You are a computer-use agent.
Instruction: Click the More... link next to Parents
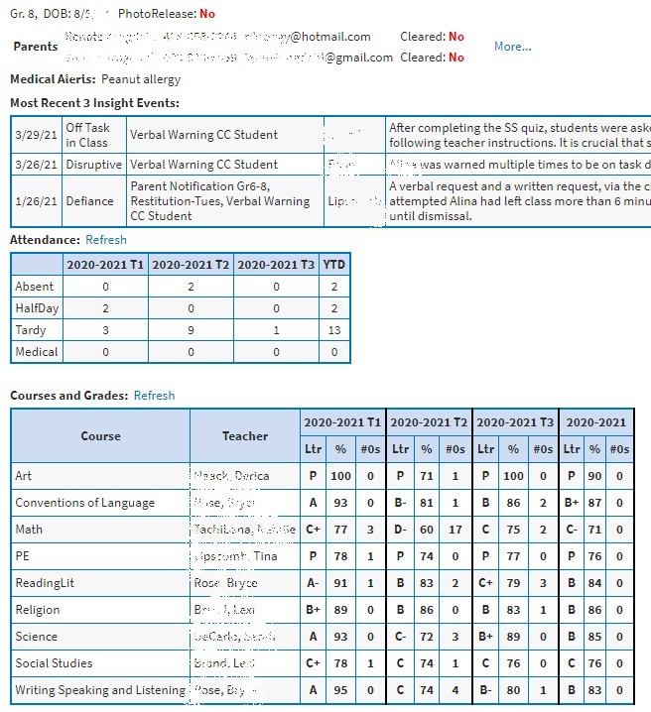512,47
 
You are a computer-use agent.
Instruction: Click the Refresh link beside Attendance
106,240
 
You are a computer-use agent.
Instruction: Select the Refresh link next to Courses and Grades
154,396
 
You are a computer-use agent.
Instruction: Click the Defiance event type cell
89,201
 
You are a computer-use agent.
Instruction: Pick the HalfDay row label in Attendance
37,308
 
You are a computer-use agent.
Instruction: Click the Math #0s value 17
455,530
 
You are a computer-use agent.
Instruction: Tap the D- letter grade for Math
400,530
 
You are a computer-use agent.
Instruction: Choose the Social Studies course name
54,663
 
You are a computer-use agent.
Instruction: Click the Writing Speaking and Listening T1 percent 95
340,690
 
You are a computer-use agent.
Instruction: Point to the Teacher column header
245,435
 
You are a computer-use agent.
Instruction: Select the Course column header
100,435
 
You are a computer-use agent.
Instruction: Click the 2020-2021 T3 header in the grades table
515,422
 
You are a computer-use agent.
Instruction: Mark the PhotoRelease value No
206,14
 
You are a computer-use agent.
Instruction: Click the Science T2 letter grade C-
400,637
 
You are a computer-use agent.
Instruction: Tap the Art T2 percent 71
427,476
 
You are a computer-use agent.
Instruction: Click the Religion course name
38,610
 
